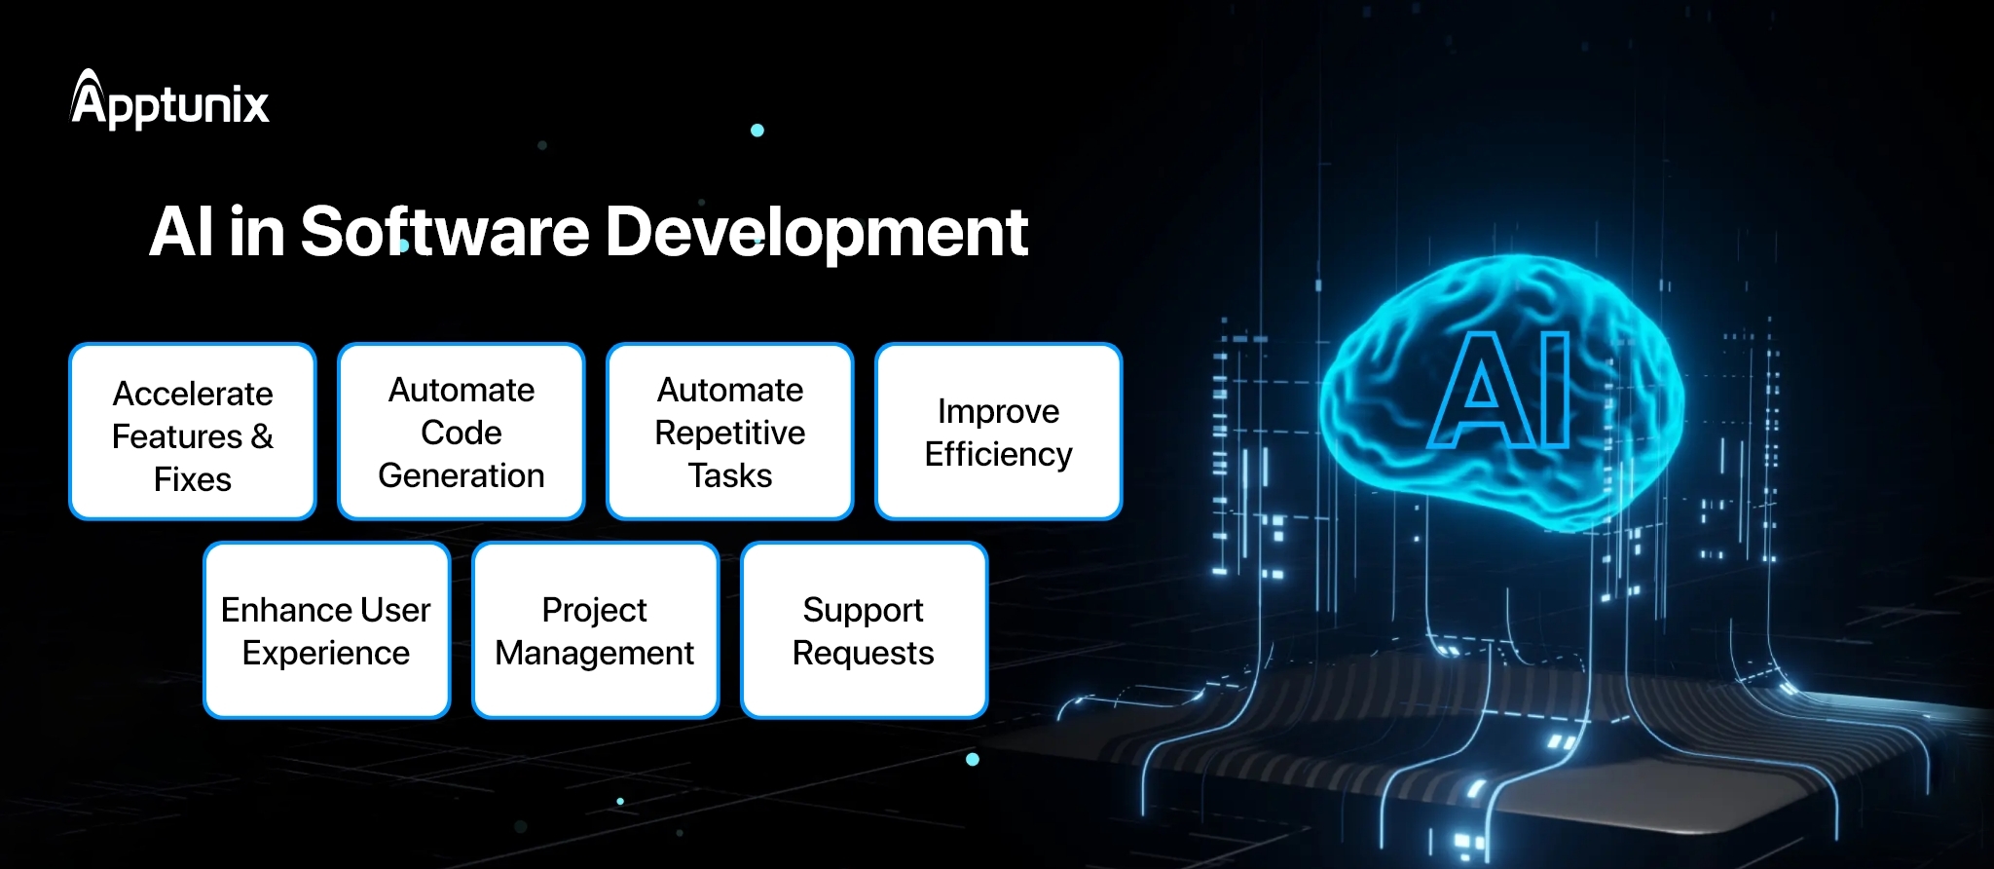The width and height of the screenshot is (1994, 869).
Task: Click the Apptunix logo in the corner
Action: (x=170, y=101)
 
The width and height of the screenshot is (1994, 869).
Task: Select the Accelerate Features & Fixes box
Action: (x=193, y=432)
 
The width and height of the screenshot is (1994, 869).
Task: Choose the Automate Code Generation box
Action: (x=462, y=432)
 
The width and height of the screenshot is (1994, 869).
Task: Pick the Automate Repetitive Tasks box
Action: (x=730, y=432)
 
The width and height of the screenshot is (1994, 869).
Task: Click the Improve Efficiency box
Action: (x=999, y=432)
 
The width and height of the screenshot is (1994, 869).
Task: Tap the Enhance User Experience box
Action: (x=326, y=630)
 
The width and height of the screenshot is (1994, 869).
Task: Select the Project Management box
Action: (x=595, y=630)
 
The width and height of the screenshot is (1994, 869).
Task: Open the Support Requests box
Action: (x=864, y=630)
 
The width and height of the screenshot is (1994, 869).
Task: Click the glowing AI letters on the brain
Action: (x=1500, y=390)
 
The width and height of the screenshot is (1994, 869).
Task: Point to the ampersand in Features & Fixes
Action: (x=262, y=436)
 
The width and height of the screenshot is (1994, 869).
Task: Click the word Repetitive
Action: (x=730, y=434)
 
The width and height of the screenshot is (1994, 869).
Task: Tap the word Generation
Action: (x=462, y=475)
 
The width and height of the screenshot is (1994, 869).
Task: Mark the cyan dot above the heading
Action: (x=757, y=130)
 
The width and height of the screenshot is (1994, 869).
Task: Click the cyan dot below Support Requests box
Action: (x=972, y=759)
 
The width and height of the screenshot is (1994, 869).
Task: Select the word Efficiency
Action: (x=999, y=455)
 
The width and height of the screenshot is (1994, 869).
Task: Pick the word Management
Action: (x=595, y=654)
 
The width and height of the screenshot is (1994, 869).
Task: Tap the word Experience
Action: (x=326, y=654)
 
